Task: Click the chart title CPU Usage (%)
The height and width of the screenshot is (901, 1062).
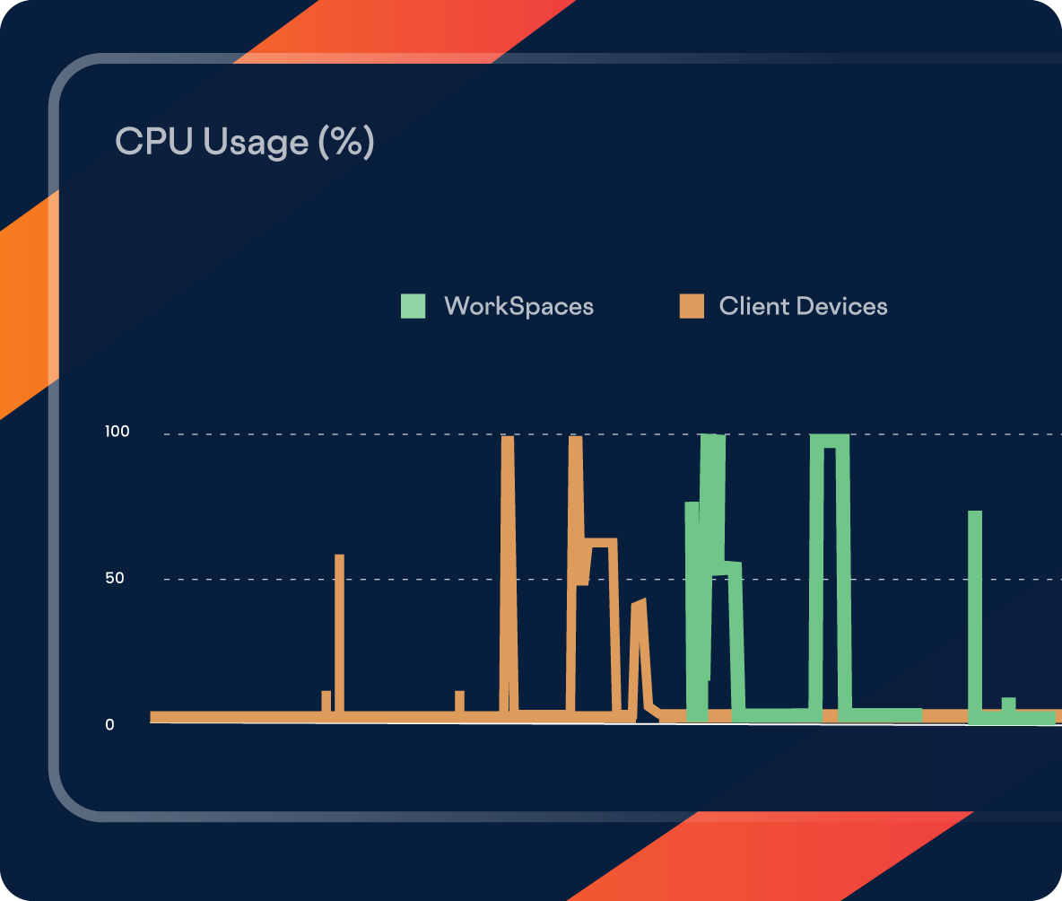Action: tap(244, 142)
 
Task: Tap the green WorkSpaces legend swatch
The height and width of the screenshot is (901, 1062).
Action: tap(413, 306)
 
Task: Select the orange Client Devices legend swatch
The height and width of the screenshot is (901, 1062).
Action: tap(691, 306)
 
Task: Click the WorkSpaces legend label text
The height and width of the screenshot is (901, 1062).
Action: tap(518, 306)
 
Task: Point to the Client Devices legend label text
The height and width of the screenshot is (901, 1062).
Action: tap(803, 306)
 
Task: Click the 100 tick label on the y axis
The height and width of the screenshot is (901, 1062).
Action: tap(118, 432)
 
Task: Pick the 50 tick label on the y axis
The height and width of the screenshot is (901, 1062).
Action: tap(114, 578)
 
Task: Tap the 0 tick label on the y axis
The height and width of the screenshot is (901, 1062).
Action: tap(109, 724)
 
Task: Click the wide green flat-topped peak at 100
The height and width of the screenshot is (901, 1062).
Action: tap(829, 441)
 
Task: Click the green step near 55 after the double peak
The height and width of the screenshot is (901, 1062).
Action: tap(733, 567)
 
